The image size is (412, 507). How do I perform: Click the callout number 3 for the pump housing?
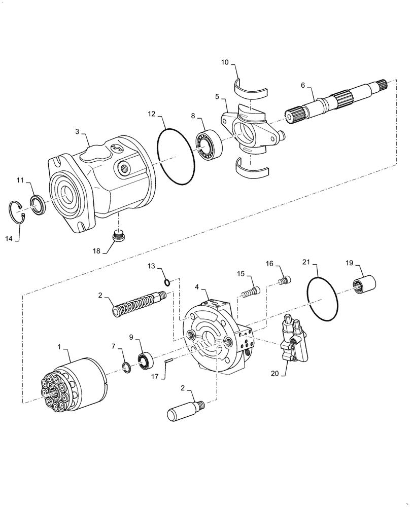[x=77, y=132]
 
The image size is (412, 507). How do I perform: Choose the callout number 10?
[x=225, y=63]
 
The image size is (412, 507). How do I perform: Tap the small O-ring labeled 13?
[x=167, y=282]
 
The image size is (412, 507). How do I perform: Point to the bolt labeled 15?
[x=251, y=293]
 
